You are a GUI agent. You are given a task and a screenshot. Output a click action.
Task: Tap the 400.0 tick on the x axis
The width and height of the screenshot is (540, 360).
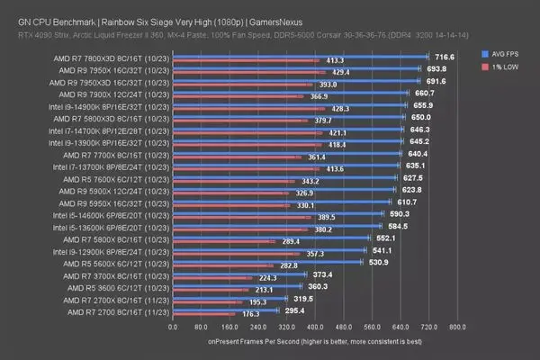click(315, 328)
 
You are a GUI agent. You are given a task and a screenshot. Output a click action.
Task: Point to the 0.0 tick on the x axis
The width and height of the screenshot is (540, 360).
click(173, 328)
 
